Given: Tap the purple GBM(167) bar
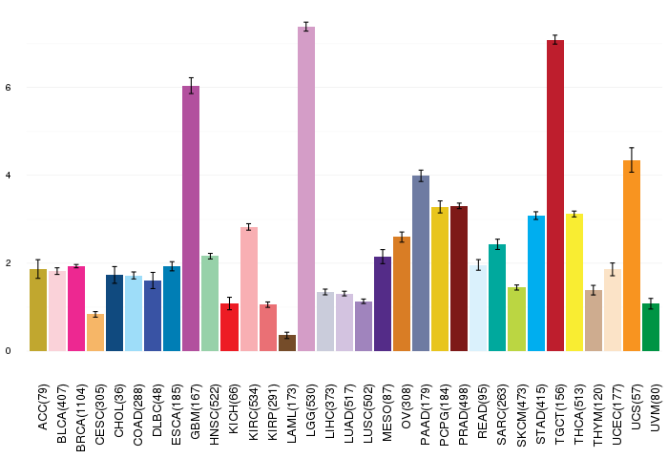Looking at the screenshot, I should pos(191,219).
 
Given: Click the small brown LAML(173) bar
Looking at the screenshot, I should pos(287,343).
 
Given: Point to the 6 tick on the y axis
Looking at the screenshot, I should pos(8,88).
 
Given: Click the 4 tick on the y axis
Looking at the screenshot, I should pos(8,176).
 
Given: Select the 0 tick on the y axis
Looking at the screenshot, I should pos(8,351).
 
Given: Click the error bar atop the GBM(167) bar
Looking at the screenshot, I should pos(191,86).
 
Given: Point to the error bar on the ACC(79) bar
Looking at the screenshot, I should pos(38,269).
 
